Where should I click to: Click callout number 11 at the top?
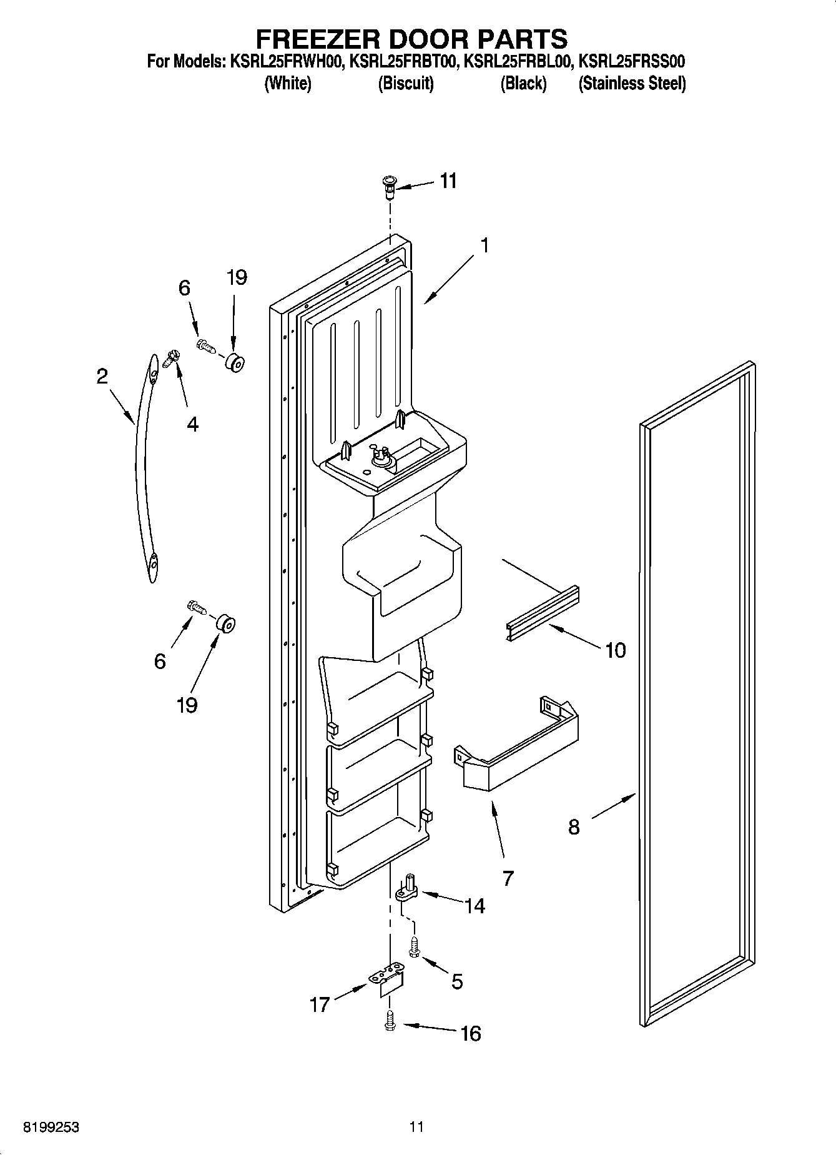(448, 181)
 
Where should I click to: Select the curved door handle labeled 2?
(144, 468)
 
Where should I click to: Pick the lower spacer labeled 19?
(225, 623)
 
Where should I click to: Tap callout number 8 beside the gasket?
(574, 827)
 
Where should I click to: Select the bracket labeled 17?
(388, 980)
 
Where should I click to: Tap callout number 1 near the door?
(484, 245)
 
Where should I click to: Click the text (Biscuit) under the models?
(406, 83)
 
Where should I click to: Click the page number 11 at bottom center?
(417, 1127)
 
